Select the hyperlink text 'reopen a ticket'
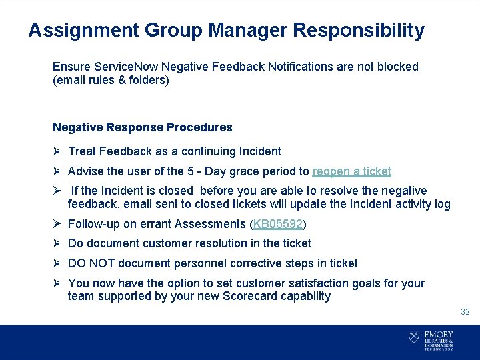(x=351, y=171)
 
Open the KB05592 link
(x=278, y=224)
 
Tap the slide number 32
(x=465, y=312)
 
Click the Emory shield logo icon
(x=413, y=337)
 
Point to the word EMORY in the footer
(x=438, y=335)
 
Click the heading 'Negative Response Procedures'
(x=143, y=127)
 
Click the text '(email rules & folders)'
(x=111, y=80)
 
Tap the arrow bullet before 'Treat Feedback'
(x=57, y=151)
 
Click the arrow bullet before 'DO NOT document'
(x=57, y=263)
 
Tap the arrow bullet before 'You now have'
(x=57, y=283)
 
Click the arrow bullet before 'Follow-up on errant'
(x=57, y=224)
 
